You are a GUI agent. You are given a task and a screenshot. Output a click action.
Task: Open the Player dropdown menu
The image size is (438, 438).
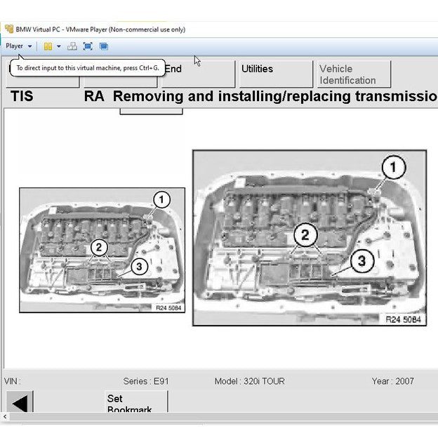(x=18, y=46)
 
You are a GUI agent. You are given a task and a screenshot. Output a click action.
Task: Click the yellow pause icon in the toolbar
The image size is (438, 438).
(x=48, y=46)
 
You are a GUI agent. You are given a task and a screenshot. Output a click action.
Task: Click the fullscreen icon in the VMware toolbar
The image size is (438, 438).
(x=88, y=46)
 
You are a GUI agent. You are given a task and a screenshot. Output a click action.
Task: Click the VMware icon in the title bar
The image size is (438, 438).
(x=8, y=29)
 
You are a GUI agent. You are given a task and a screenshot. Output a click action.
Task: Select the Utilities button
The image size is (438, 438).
(x=257, y=69)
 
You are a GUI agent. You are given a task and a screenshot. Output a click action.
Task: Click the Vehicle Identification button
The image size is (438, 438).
(x=347, y=74)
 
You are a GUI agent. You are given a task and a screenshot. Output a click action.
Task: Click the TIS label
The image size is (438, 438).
(x=21, y=96)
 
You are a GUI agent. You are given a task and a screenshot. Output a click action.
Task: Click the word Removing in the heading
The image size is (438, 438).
(x=152, y=96)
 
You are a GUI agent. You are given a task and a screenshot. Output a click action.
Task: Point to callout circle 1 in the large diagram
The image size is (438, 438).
(x=393, y=168)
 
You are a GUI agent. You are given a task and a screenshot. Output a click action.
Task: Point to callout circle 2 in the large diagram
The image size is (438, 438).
(x=305, y=235)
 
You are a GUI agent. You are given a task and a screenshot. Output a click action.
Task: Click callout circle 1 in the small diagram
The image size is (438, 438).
(x=161, y=200)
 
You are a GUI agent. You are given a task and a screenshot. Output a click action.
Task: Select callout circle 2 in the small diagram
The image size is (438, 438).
(x=99, y=247)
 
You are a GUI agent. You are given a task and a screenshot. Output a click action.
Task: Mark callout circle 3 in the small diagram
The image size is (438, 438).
(x=138, y=266)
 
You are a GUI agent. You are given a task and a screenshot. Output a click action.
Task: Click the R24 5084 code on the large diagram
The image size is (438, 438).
(x=403, y=319)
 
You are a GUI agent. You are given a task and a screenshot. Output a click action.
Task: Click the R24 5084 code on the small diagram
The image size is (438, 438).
(x=168, y=307)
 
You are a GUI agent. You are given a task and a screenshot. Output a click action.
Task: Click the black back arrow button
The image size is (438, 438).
(x=20, y=403)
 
